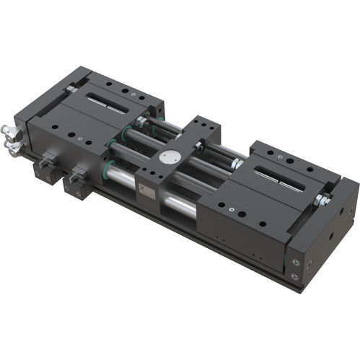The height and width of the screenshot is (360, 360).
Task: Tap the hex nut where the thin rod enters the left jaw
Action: click(x=139, y=123)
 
